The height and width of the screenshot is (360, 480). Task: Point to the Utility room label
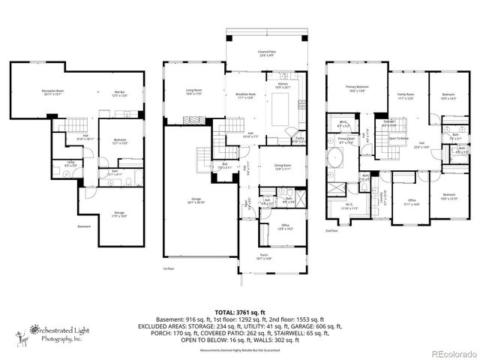[70, 163]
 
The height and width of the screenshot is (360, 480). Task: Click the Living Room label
[195, 92]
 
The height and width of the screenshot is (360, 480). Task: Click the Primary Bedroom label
[355, 88]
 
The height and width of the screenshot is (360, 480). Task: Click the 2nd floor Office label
[412, 200]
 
